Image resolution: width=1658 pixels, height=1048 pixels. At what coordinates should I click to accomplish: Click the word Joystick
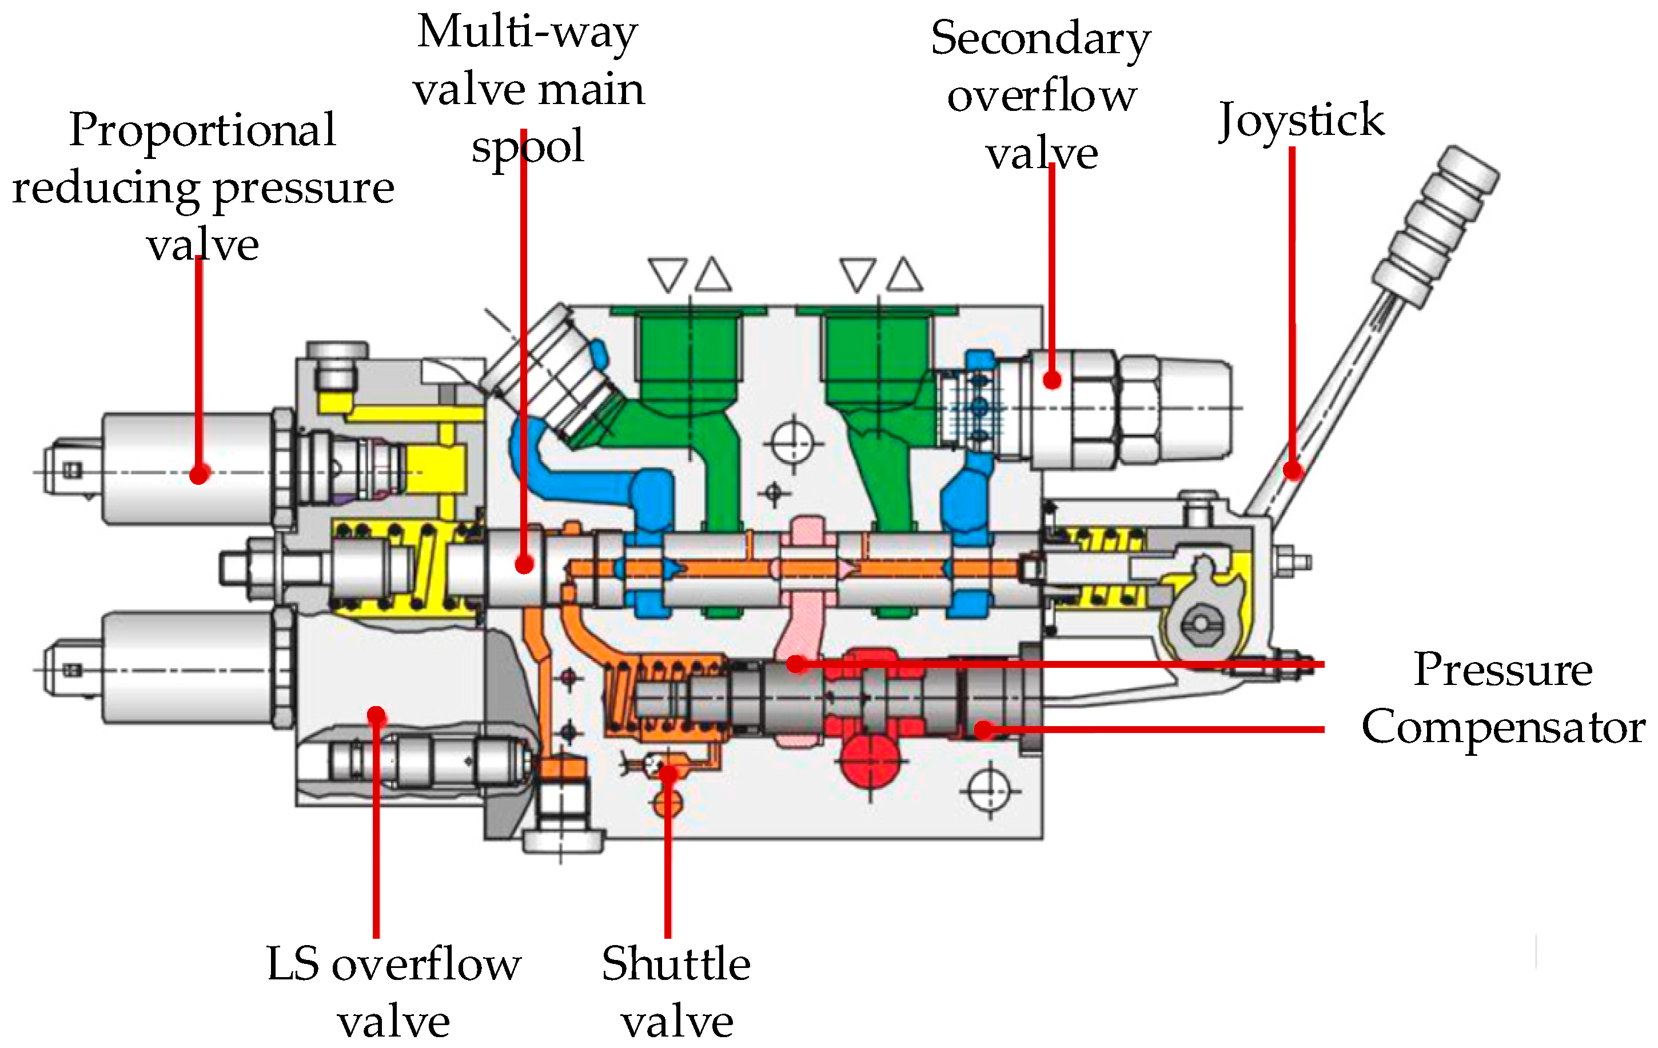coord(1301,121)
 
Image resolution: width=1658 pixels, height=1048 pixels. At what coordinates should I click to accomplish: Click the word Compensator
coord(1503,727)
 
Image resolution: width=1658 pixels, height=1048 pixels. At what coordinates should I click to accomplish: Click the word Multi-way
coord(528,33)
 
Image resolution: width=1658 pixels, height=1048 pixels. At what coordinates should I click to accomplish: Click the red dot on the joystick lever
coord(1293,471)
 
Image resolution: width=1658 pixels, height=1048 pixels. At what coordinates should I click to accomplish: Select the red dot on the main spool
coord(524,565)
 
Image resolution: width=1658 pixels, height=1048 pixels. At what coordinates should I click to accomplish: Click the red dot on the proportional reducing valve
coord(199,474)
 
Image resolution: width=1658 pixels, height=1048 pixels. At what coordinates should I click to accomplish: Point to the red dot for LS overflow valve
coord(376,715)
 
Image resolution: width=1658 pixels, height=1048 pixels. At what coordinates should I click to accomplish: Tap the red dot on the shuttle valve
coord(668,772)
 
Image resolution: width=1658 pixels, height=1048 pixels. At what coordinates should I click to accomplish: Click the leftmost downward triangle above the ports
coord(667,273)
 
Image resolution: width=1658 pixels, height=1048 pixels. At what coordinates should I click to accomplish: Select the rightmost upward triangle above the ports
coord(904,273)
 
